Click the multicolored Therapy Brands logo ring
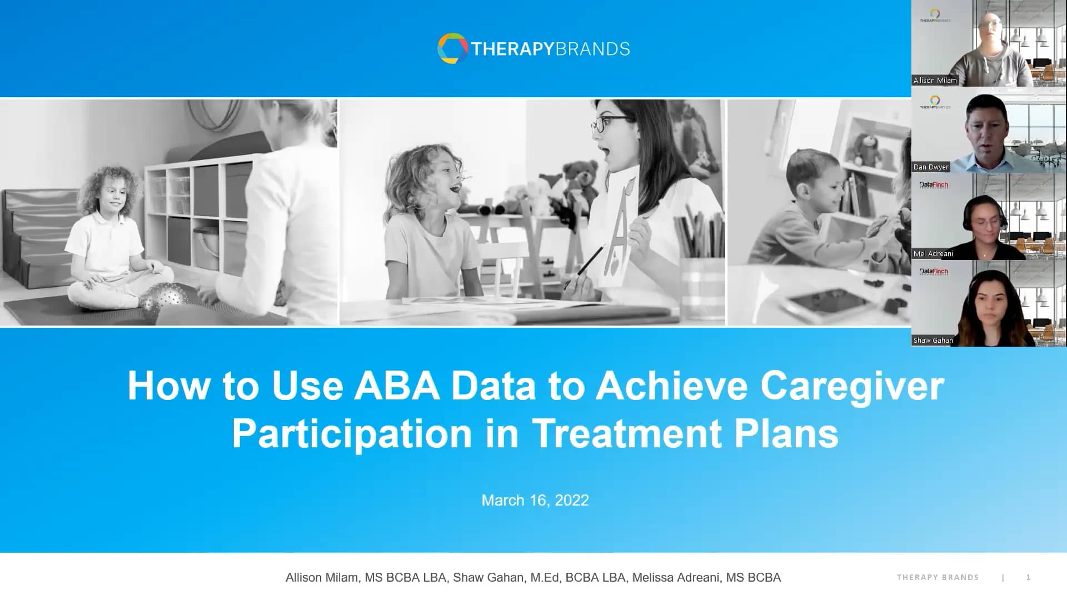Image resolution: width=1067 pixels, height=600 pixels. click(x=452, y=48)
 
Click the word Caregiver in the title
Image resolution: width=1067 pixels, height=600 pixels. click(x=852, y=386)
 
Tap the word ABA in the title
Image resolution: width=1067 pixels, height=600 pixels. click(x=397, y=386)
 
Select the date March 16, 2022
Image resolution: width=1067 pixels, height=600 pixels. click(x=535, y=501)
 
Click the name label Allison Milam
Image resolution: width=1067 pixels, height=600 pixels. click(x=935, y=81)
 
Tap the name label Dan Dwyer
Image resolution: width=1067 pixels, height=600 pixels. click(x=931, y=167)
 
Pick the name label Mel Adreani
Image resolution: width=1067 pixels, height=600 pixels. click(x=933, y=254)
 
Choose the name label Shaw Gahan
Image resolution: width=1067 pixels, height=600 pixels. click(x=933, y=341)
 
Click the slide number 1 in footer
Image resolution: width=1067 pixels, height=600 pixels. click(x=1028, y=578)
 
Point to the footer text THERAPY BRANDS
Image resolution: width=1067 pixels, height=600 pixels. click(x=938, y=578)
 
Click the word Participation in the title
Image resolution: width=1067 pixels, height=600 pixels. click(x=352, y=433)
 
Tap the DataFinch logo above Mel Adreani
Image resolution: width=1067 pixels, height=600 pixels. click(x=934, y=185)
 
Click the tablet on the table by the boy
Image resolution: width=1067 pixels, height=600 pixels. click(x=828, y=302)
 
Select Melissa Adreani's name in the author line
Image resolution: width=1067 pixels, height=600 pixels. click(x=676, y=578)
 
